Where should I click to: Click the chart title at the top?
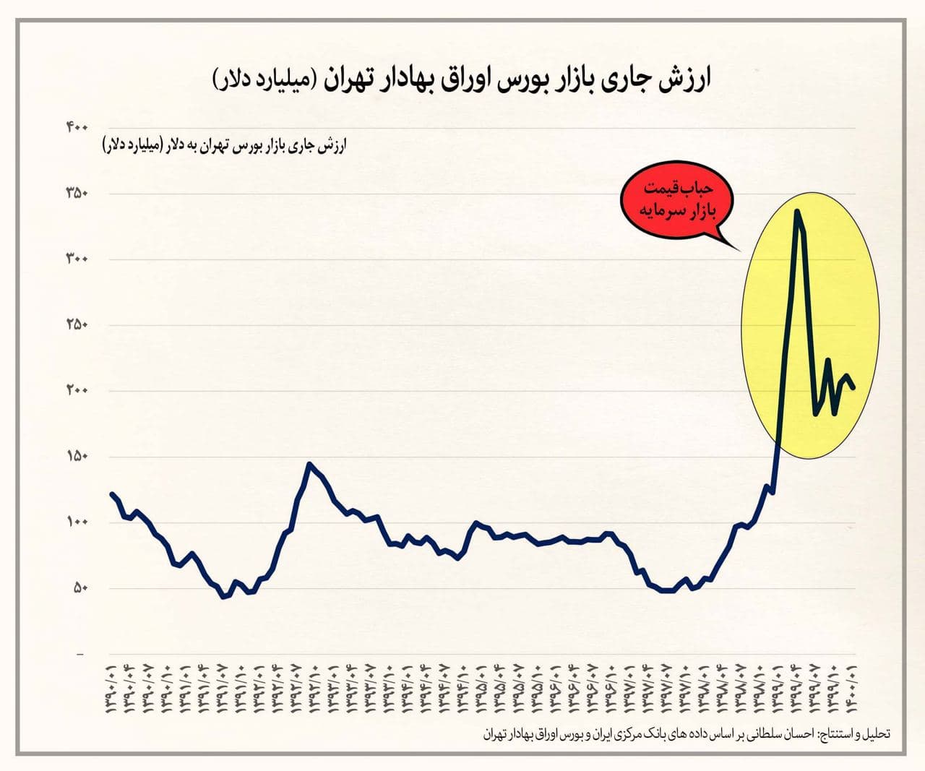(462, 79)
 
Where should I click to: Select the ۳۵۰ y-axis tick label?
(77, 194)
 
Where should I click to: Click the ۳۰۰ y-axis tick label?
(77, 259)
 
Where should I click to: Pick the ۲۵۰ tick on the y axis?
(77, 325)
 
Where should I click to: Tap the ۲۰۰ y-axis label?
(77, 391)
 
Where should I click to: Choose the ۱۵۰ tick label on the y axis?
(77, 457)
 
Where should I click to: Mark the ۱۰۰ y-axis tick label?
(77, 522)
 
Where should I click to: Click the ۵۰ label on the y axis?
(79, 588)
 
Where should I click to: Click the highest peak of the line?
(796, 211)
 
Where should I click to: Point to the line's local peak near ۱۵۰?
(309, 464)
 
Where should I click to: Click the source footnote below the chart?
(687, 733)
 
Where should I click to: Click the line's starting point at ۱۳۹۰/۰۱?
(111, 494)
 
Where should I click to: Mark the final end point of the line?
(854, 387)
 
